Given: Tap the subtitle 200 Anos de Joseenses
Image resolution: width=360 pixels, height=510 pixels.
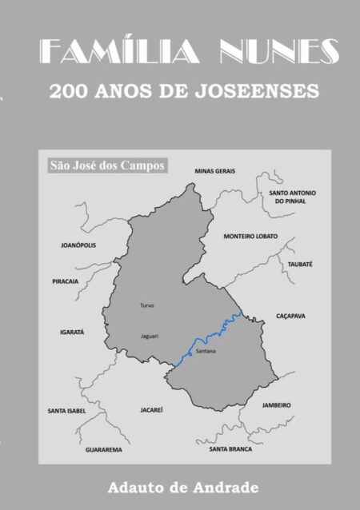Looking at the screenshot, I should click(x=184, y=91).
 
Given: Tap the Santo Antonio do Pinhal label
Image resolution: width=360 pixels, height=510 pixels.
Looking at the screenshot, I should click(x=292, y=197).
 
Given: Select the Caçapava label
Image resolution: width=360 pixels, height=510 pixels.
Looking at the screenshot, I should click(x=290, y=316).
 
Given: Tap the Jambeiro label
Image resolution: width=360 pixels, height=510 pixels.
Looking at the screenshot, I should click(x=276, y=404).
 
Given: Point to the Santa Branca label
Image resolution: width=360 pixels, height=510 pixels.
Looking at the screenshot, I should click(x=230, y=448).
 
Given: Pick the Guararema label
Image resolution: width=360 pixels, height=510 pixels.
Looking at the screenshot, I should click(x=104, y=449).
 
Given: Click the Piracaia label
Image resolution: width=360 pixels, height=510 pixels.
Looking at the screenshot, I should click(x=65, y=281).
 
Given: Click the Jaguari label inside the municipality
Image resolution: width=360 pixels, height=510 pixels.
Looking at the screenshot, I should click(x=149, y=336).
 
